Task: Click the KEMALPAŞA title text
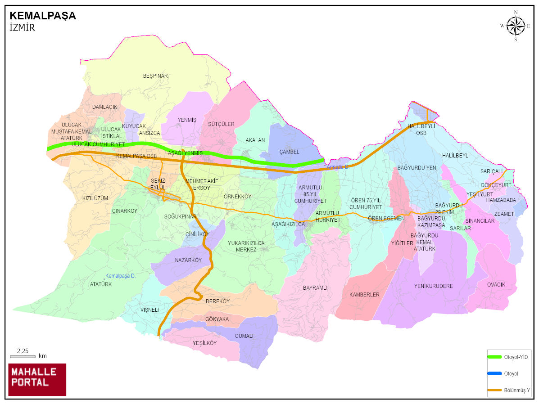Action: pyautogui.click(x=43, y=16)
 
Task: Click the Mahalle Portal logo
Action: pyautogui.click(x=37, y=379)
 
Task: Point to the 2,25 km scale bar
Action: pyautogui.click(x=23, y=356)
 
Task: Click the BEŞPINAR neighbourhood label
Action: pyautogui.click(x=155, y=76)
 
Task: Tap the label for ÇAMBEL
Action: pyautogui.click(x=289, y=152)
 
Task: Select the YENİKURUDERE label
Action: pyautogui.click(x=433, y=286)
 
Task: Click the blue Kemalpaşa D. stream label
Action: pyautogui.click(x=120, y=276)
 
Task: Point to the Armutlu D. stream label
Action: pyautogui.click(x=338, y=167)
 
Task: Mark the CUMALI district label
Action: pyautogui.click(x=244, y=336)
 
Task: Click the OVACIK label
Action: pyautogui.click(x=496, y=284)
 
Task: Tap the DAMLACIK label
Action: pyautogui.click(x=104, y=107)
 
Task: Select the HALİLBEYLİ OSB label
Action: pyautogui.click(x=421, y=130)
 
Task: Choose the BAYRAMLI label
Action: pyautogui.click(x=315, y=287)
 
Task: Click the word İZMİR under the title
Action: pyautogui.click(x=22, y=28)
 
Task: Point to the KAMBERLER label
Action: pyautogui.click(x=364, y=295)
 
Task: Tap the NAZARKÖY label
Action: pyautogui.click(x=188, y=260)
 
